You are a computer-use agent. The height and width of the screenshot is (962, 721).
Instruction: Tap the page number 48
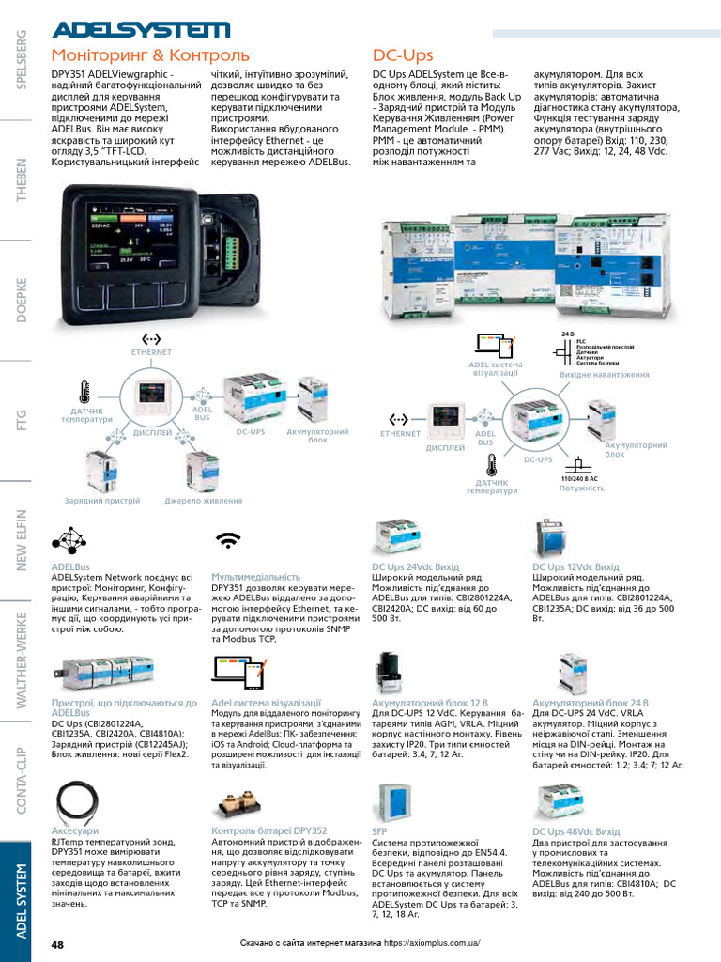[x=57, y=943]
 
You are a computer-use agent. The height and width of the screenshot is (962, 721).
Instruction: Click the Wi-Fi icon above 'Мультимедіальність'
[x=227, y=540]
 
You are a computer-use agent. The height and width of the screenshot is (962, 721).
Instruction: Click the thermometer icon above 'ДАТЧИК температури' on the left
[x=85, y=391]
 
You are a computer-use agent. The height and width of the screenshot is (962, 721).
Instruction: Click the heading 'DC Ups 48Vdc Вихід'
[x=576, y=831]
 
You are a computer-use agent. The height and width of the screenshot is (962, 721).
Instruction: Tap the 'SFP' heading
[x=379, y=831]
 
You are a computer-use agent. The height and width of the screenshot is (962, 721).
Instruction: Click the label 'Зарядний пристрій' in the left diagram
[x=102, y=502]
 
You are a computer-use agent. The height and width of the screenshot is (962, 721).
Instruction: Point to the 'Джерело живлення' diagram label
[x=204, y=502]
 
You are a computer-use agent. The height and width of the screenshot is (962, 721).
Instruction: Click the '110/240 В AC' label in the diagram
[x=579, y=479]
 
